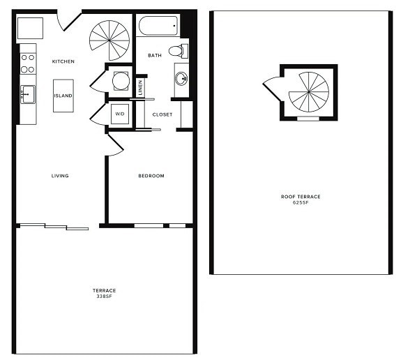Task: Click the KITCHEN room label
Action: (63, 61)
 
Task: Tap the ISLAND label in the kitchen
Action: (63, 96)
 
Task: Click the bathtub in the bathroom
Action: (159, 27)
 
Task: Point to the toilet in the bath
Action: (178, 50)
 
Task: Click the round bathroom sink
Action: (181, 78)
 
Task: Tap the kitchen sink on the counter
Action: (28, 94)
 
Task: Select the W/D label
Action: (119, 114)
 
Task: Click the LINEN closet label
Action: (141, 87)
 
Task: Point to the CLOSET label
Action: (162, 114)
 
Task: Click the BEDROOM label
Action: (151, 176)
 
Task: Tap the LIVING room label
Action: (60, 176)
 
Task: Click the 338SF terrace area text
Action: (104, 297)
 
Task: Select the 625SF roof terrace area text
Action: (301, 202)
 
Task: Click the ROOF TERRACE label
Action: (301, 197)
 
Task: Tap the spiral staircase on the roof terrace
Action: (308, 92)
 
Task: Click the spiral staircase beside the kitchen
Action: (110, 40)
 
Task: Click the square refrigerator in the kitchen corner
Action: (31, 29)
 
